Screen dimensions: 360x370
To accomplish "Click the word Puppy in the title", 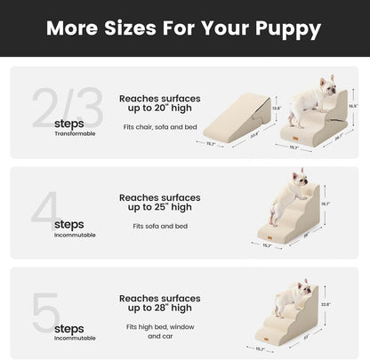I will (282, 28).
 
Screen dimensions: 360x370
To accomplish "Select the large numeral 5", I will (37, 300).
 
